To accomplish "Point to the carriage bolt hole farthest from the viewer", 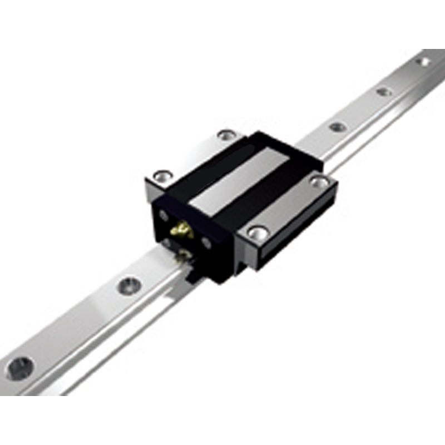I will tap(226, 134).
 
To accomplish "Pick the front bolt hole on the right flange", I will tap(256, 233).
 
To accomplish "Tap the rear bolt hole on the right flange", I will tap(319, 181).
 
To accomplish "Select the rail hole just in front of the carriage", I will tap(129, 285).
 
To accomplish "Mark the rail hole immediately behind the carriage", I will tap(338, 127).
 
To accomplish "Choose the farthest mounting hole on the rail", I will tap(424, 61).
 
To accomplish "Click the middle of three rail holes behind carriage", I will tap(384, 91).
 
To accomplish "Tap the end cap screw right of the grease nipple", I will tap(206, 243).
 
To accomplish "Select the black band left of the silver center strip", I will tap(206, 167).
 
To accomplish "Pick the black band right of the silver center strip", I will tap(273, 189).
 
